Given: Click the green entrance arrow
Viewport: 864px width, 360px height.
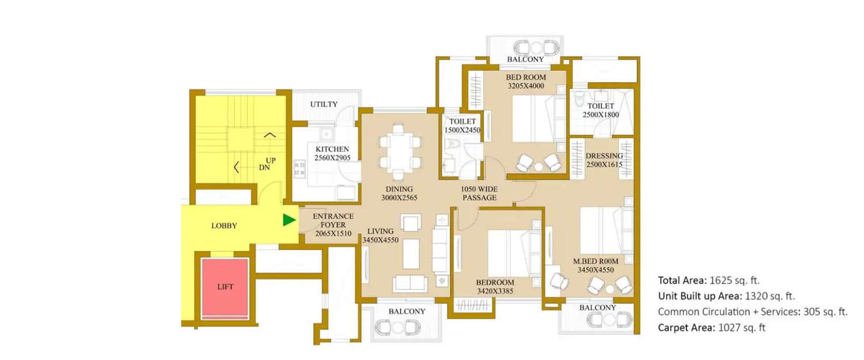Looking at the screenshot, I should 289,220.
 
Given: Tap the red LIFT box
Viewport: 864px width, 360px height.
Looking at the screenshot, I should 225,286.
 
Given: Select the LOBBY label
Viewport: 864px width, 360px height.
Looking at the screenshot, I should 224,226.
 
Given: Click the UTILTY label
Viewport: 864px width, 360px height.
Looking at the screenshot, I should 324,104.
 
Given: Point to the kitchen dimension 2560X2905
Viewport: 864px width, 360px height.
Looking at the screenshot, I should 332,157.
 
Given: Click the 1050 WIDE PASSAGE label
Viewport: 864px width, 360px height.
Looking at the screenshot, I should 479,194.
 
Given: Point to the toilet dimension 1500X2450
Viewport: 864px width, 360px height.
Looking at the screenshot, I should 462,130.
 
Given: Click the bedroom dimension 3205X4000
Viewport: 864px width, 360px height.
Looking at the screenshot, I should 526,86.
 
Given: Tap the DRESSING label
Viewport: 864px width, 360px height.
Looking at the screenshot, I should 604,156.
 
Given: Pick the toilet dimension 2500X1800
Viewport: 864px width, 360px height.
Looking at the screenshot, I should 600,115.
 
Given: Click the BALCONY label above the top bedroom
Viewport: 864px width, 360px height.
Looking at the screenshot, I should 525,59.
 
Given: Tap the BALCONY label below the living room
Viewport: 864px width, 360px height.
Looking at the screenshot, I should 407,311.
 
